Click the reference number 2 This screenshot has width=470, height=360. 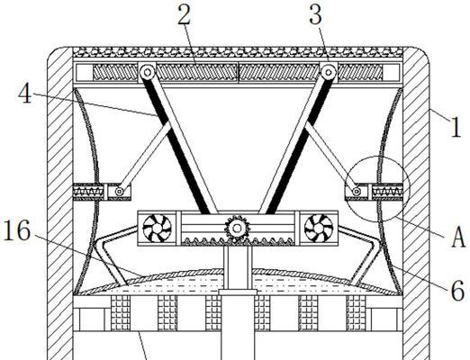tap(184, 14)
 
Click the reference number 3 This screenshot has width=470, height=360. tap(316, 14)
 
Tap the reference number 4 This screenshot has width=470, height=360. tap(25, 94)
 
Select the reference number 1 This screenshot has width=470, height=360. tap(456, 127)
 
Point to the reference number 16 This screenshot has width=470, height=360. tap(17, 230)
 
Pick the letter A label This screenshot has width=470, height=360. tap(458, 237)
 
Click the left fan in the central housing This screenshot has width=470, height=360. tap(157, 229)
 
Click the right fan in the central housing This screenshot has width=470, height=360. tap(319, 229)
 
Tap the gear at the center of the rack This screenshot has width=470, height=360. tap(237, 229)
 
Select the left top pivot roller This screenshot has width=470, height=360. tap(147, 72)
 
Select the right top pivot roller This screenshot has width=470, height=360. tap(329, 72)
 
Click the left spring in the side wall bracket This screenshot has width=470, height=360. tap(88, 191)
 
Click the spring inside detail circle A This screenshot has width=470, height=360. tap(387, 191)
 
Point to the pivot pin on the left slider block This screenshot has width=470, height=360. tap(120, 192)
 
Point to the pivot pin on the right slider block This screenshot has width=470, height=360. tap(357, 191)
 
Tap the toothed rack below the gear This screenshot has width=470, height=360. tap(238, 241)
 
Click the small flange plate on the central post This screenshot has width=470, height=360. tap(238, 292)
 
